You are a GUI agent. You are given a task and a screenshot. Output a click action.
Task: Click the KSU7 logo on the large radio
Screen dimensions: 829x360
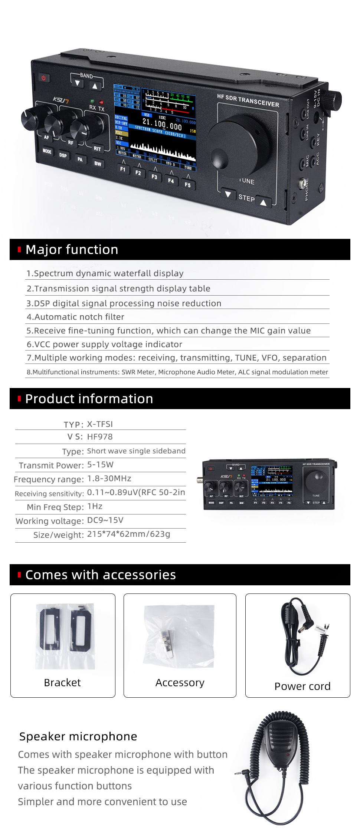coord(60,100)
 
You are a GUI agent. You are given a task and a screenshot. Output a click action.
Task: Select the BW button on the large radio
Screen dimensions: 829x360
coord(98,164)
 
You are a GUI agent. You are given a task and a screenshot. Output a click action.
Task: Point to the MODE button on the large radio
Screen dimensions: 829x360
coord(47,151)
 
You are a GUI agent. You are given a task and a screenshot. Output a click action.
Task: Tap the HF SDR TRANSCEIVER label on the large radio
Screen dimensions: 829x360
coord(248,101)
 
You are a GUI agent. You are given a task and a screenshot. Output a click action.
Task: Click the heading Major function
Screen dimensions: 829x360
coord(72,250)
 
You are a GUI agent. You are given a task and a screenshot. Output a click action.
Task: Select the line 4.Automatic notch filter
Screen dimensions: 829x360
coord(75,317)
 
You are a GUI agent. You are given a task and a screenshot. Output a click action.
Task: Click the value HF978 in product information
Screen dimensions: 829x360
coord(100,437)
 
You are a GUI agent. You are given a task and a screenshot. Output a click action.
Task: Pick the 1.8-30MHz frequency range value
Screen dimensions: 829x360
coord(109,478)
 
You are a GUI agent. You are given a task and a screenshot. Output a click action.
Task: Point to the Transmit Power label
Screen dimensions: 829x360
coord(51,466)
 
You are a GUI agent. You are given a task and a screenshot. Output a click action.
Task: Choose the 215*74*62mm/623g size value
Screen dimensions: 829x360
coord(128,534)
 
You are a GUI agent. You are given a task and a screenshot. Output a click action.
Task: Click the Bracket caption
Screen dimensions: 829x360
coord(62,682)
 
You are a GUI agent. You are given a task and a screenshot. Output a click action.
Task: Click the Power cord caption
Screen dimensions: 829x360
coord(302,686)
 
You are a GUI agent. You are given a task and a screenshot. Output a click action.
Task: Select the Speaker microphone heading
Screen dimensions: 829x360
coord(78,736)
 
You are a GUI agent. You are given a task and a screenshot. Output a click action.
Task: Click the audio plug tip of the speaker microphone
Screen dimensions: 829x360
coord(236,773)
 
